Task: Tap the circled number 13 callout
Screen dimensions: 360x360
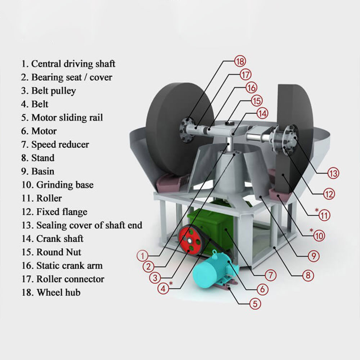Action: coord(333,173)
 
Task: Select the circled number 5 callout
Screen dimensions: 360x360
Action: coord(255,303)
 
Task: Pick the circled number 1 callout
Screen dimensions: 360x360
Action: coord(143,256)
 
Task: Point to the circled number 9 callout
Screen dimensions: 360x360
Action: coord(313,256)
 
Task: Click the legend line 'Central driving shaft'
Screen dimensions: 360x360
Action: coord(68,64)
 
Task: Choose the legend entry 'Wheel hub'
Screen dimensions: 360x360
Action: coord(51,292)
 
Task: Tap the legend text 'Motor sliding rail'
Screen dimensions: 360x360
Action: coord(62,118)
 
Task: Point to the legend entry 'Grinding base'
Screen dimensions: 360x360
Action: coord(57,185)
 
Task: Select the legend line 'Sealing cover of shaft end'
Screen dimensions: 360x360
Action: coord(82,225)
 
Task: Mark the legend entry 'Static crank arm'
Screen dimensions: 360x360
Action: coord(62,266)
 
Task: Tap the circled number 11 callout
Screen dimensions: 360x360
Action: coord(324,215)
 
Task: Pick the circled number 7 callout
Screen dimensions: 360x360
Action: coord(270,275)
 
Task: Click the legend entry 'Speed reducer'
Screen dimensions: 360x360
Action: coord(55,145)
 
